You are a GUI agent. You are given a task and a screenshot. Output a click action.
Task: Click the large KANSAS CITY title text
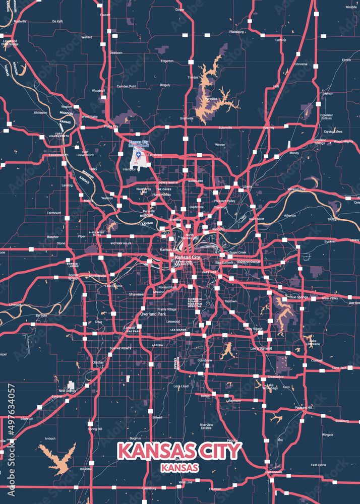coord(179,450)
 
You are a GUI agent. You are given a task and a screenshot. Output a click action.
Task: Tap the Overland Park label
coord(153,313)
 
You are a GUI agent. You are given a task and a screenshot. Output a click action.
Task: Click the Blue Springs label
coord(298,297)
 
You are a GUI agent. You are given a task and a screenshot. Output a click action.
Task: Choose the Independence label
coord(249,261)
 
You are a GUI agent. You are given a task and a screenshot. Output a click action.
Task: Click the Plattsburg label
coord(236,31)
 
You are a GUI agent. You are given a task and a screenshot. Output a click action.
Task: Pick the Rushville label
coord(20,22)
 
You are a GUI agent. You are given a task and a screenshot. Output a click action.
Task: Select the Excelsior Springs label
coord(320,142)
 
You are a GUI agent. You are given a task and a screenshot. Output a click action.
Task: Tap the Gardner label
coord(57,396)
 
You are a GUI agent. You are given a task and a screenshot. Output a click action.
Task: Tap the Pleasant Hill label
coord(304,407)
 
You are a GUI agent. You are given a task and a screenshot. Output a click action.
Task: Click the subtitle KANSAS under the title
coord(179,467)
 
